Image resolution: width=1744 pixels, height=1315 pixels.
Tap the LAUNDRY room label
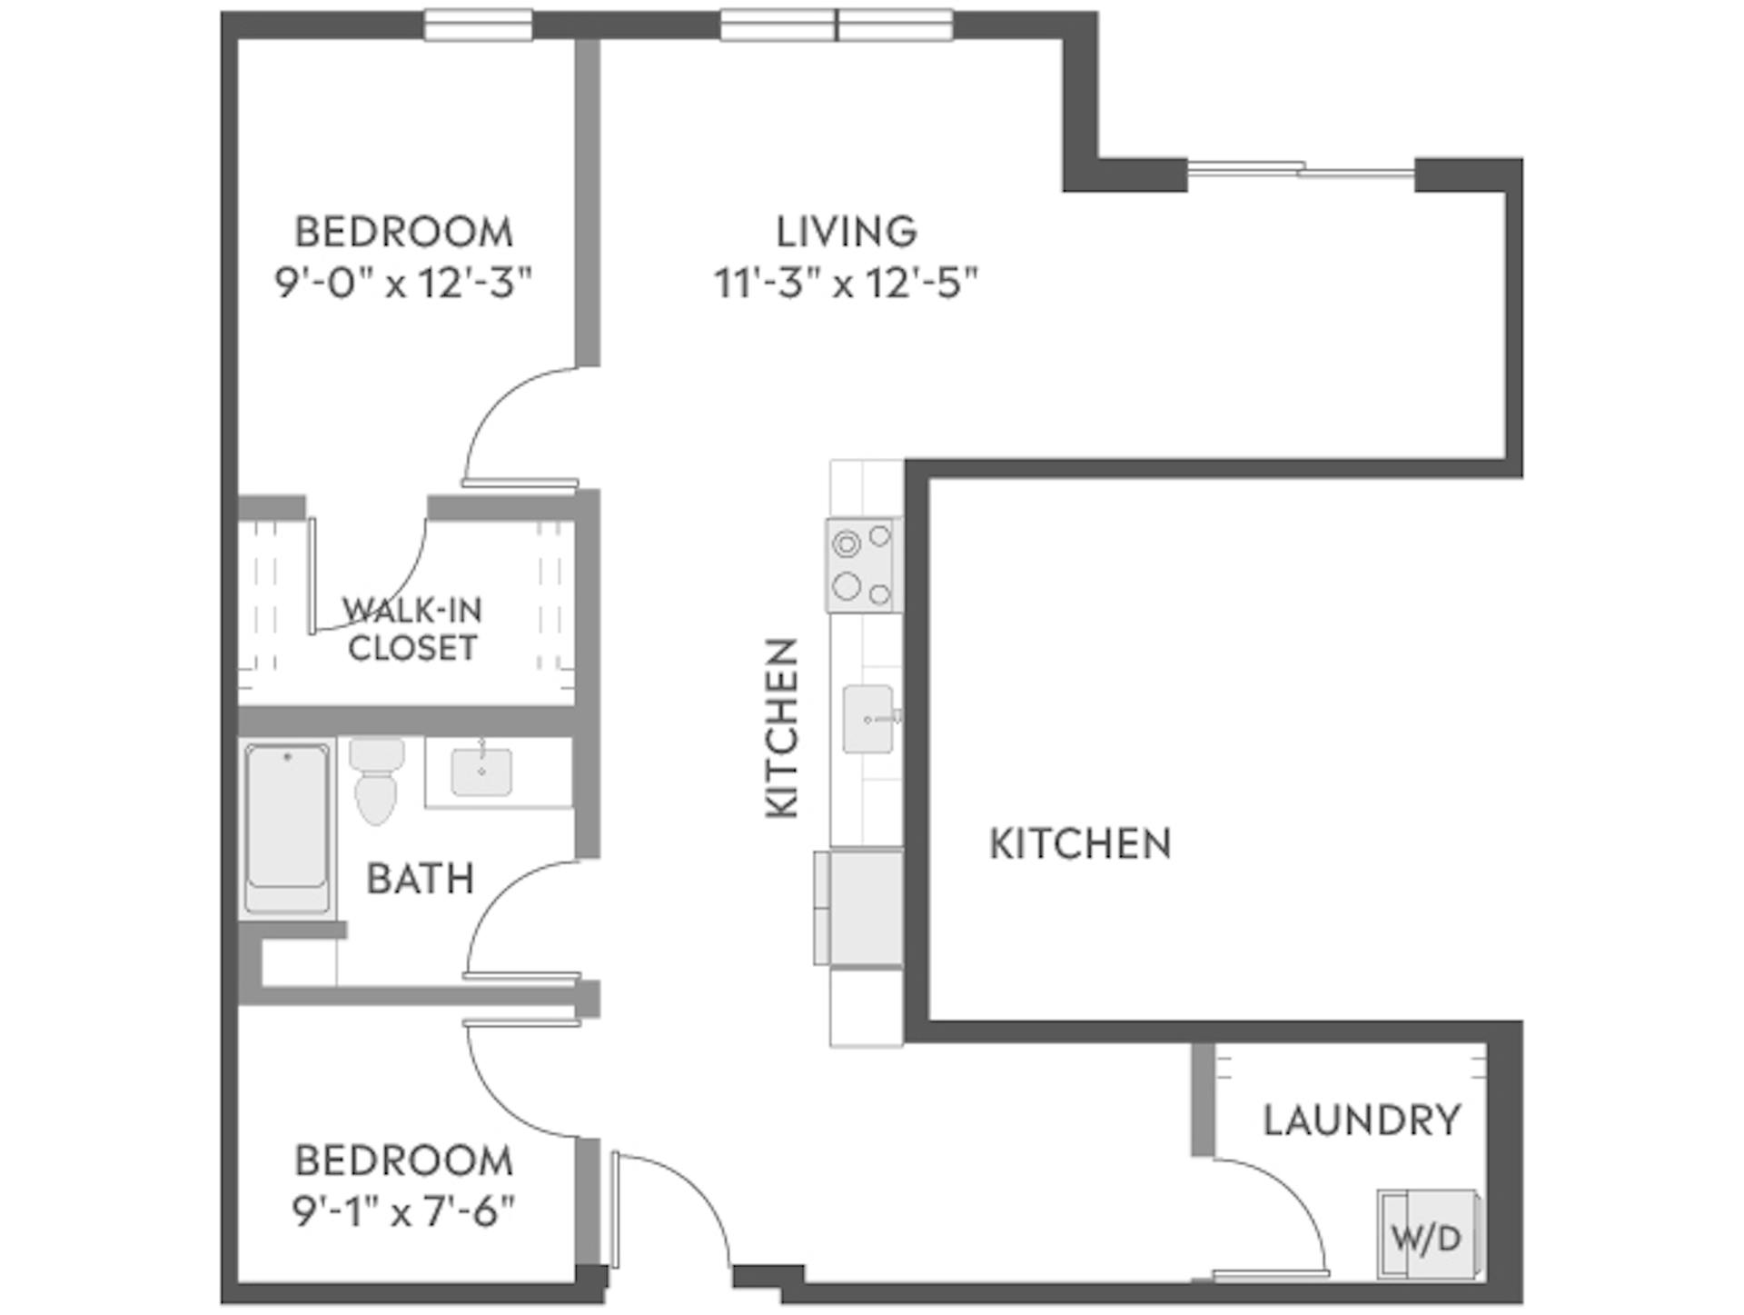click(x=1361, y=1120)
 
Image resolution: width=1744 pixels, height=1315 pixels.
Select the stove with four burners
click(x=863, y=565)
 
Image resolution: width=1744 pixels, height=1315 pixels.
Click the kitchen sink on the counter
click(x=867, y=719)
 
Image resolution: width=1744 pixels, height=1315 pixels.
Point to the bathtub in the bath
click(x=287, y=828)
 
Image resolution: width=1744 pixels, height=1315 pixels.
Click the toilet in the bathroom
click(x=376, y=781)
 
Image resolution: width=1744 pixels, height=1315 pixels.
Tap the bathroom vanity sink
click(x=481, y=772)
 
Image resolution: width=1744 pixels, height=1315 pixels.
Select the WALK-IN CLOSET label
click(x=412, y=629)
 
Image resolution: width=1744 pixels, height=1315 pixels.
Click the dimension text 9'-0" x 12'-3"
click(x=402, y=284)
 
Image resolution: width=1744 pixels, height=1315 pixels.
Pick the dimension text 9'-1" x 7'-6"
click(x=403, y=1210)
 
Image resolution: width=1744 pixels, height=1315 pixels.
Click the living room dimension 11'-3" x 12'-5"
click(x=846, y=284)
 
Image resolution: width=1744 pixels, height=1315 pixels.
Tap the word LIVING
click(x=846, y=232)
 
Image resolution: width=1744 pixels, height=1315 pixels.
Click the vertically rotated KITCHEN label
click(x=782, y=728)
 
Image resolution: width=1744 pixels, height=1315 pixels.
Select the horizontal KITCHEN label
click(x=1079, y=844)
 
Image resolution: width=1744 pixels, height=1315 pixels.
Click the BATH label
click(x=420, y=879)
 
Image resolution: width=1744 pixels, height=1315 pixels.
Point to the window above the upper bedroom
click(x=478, y=25)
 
